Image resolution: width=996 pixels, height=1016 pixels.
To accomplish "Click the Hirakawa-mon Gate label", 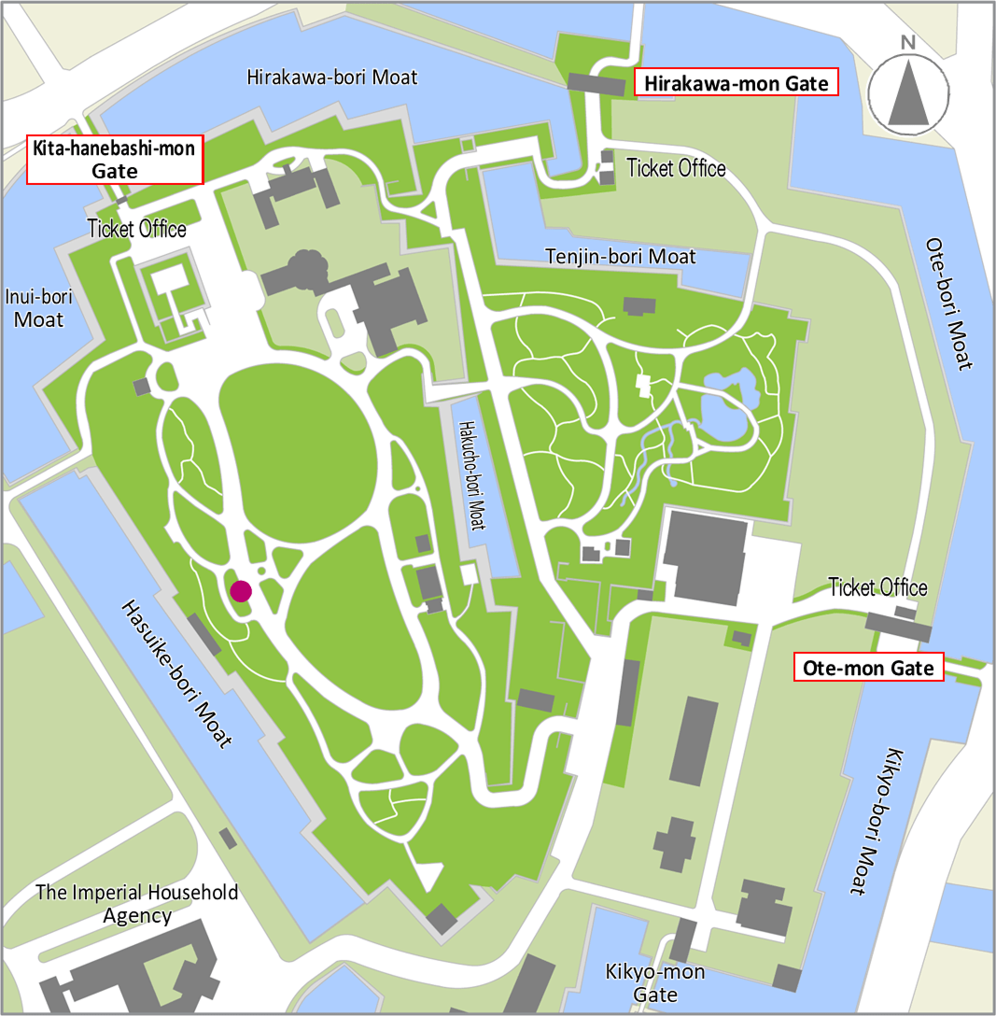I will [736, 83].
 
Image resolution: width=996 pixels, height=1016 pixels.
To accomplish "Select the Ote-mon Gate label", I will [868, 668].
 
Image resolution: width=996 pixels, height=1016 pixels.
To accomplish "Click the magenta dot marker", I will [241, 590].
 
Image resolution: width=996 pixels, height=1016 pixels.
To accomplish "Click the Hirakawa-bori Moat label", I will [332, 77].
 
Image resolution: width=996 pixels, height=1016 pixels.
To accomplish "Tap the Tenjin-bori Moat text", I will [620, 256].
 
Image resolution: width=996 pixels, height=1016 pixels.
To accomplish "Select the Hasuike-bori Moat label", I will [175, 673].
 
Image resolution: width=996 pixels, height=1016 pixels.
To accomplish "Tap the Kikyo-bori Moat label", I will [882, 822].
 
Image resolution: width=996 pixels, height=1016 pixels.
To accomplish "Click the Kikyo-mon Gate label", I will [654, 983].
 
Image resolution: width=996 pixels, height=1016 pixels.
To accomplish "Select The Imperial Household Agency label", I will [137, 903].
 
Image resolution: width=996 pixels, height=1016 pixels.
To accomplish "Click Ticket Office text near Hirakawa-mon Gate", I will [676, 168].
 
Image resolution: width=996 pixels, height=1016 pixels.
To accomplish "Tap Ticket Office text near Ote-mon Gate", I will [877, 587].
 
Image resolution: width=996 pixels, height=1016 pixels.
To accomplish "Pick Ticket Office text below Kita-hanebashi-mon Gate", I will [136, 229].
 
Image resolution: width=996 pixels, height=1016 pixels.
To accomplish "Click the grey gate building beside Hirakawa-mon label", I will [596, 84].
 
